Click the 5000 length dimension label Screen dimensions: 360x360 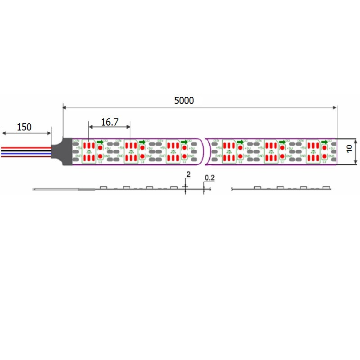point(184,100)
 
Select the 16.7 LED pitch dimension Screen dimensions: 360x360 point(109,122)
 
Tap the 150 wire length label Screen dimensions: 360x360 point(24,127)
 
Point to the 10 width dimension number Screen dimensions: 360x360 point(349,150)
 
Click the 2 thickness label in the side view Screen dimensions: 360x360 point(188,174)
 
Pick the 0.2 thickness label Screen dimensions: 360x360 point(209,178)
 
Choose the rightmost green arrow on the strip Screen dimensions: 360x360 point(324,142)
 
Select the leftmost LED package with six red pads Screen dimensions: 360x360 point(89,152)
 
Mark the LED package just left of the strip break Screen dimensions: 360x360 point(173,152)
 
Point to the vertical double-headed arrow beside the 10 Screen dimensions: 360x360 point(355,152)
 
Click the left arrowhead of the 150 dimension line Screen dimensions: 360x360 point(4,133)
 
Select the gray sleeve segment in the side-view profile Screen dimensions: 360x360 point(86,190)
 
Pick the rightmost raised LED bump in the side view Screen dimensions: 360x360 point(326,187)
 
